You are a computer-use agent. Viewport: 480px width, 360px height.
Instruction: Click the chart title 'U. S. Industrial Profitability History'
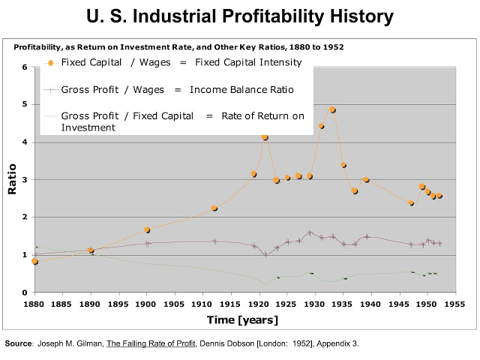240,16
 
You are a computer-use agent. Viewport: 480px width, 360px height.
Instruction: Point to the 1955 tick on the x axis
454,305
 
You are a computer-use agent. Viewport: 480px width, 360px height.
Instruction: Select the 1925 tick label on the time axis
286,305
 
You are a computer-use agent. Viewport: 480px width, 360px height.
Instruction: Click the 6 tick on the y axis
25,67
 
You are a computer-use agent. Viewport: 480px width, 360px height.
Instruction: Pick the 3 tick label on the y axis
25,180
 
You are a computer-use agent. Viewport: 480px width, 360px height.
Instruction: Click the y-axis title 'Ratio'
12,180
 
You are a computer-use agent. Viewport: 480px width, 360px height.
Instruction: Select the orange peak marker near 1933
332,110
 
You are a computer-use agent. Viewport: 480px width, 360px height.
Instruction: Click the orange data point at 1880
35,261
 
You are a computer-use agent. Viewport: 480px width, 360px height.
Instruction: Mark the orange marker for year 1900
147,229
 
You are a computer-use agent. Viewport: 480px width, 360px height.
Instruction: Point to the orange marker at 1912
214,208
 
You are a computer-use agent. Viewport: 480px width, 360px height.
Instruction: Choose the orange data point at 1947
411,203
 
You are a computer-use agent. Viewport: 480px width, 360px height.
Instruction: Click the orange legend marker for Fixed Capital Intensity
50,62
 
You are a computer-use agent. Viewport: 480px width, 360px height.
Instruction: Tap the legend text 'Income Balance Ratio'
239,90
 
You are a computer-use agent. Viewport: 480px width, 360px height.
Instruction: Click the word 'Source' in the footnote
18,343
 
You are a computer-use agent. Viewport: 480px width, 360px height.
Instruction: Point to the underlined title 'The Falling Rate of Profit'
150,343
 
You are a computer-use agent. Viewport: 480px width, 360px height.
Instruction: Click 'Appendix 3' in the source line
337,343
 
